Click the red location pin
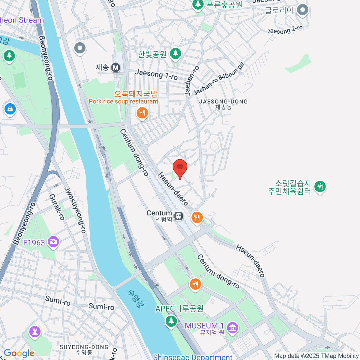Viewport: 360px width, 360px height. point(180,167)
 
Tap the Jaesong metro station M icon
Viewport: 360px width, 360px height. point(116,67)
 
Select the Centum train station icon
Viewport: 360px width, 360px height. point(179,216)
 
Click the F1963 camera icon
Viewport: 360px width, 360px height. point(54,241)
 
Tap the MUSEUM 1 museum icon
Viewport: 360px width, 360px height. point(232,328)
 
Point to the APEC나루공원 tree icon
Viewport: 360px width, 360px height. point(171,321)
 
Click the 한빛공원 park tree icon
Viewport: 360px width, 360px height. point(175,53)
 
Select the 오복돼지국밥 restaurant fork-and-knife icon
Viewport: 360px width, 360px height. point(142,113)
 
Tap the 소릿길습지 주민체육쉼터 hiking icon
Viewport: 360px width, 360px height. point(320,186)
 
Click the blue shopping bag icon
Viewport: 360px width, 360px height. point(10,109)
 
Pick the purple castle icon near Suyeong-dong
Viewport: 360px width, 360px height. point(35,331)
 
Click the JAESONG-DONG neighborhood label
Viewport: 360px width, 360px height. point(223,102)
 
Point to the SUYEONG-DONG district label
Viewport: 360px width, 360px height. point(84,347)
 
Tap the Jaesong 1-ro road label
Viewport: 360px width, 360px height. point(156,74)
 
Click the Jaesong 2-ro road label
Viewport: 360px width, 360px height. point(285,29)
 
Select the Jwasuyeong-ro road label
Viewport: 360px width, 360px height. point(75,210)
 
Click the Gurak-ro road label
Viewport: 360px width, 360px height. point(57,207)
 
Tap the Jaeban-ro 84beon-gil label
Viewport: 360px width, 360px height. point(219,79)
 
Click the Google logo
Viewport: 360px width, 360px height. point(19,353)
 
